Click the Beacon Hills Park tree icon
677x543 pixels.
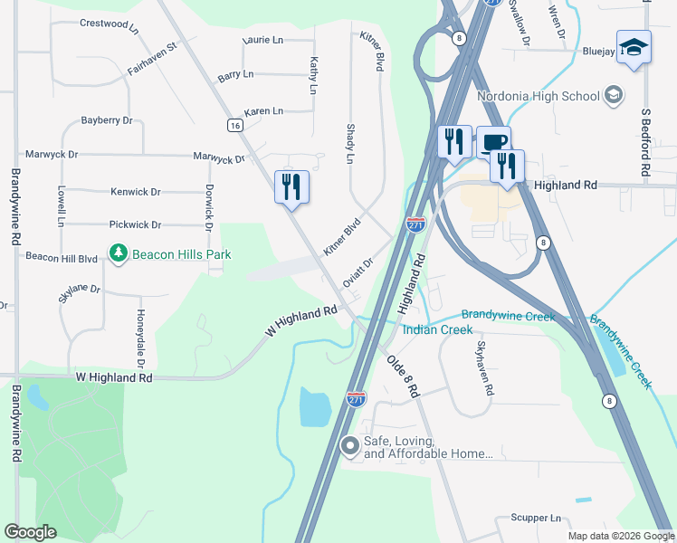[117, 254]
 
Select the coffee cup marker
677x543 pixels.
[493, 143]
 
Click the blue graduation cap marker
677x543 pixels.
[634, 47]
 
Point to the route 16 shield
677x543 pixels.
[234, 126]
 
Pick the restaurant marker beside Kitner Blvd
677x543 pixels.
[291, 187]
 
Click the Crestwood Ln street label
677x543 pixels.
[109, 24]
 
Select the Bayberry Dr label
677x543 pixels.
[107, 120]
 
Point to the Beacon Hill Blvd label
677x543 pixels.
[61, 258]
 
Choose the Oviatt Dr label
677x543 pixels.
[358, 274]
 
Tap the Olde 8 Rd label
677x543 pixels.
[403, 376]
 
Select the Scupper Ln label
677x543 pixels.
[536, 519]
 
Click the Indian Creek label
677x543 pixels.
[437, 329]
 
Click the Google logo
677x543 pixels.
[30, 532]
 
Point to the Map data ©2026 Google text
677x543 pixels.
[620, 536]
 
